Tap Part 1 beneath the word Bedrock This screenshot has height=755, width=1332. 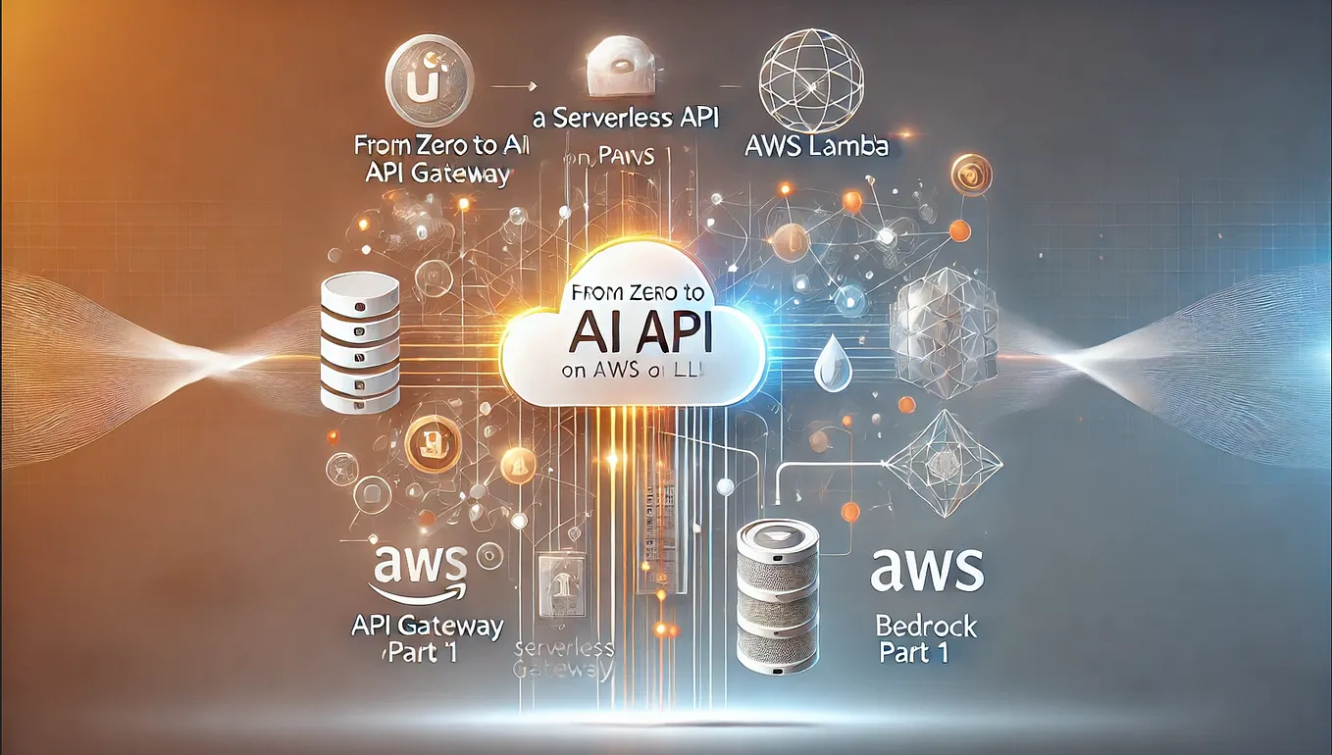click(914, 654)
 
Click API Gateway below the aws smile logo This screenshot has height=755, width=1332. click(427, 625)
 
